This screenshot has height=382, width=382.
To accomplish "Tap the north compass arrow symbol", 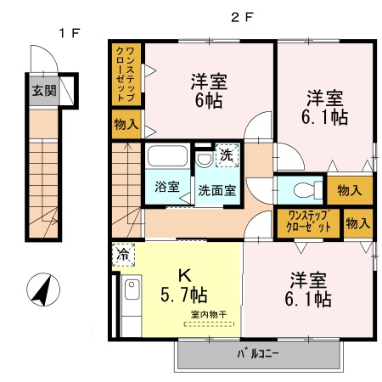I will tap(41, 290).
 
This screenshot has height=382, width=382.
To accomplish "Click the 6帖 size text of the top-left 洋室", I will tap(208, 100).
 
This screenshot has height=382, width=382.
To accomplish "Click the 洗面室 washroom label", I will tap(216, 190).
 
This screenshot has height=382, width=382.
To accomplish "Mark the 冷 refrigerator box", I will tap(124, 253).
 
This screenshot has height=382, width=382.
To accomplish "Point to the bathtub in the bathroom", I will tap(167, 157).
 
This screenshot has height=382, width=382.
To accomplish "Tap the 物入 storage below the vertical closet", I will tap(126, 126).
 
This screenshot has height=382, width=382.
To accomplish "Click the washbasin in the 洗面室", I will tap(204, 160).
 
